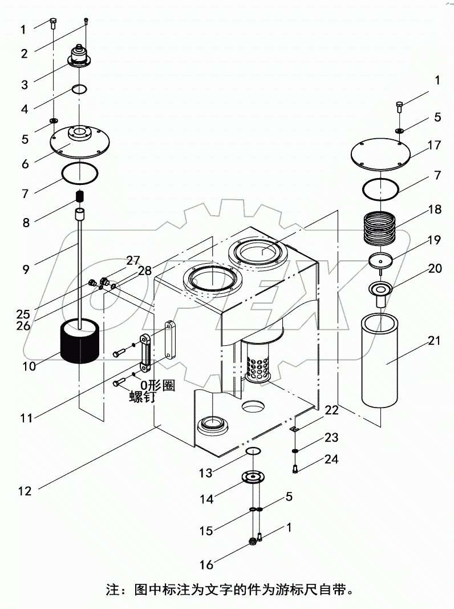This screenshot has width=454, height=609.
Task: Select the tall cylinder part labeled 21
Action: tap(382, 361)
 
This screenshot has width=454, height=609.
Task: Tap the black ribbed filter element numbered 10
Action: tap(80, 343)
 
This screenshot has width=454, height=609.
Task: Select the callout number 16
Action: tap(206, 564)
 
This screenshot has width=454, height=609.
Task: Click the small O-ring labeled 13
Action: tap(254, 452)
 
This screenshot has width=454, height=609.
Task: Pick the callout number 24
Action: tap(331, 459)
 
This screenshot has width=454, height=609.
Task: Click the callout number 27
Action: tap(133, 261)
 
